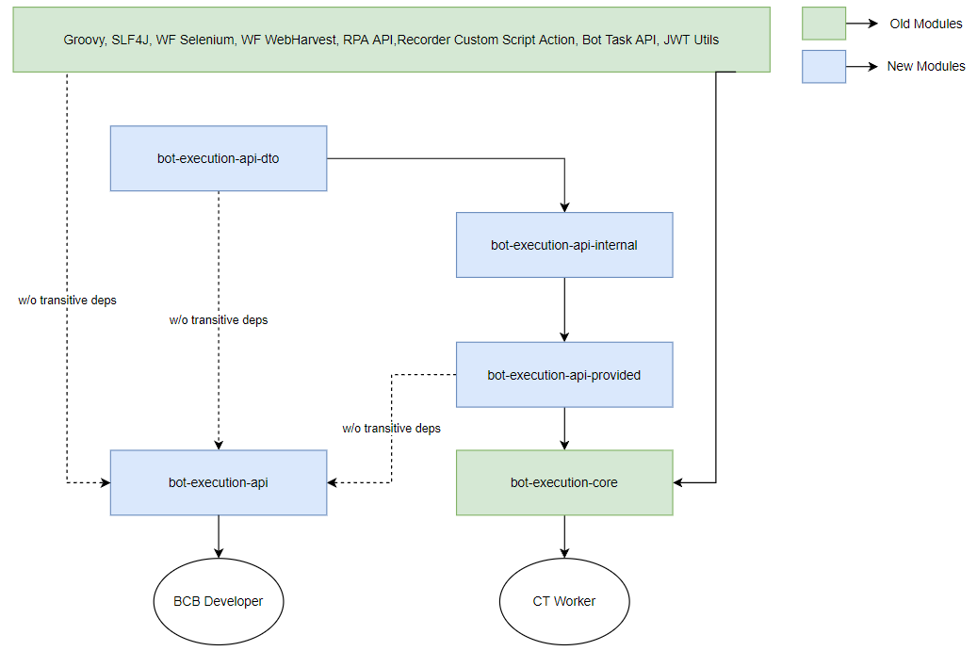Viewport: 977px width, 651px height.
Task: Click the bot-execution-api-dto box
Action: click(219, 158)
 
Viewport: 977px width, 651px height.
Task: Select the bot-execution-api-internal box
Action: click(564, 245)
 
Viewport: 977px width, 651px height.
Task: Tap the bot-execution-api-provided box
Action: click(564, 375)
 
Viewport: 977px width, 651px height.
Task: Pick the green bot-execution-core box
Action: click(564, 482)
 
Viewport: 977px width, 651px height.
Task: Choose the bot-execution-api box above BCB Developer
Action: click(219, 482)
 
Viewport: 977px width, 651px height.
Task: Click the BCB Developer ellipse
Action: click(219, 601)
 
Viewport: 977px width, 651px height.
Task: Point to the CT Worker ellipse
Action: click(564, 601)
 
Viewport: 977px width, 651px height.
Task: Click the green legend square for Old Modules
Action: click(823, 24)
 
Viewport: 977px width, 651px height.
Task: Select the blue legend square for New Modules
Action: click(823, 67)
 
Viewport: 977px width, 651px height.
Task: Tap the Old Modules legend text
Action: click(926, 24)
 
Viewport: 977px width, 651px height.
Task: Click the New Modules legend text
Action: click(926, 66)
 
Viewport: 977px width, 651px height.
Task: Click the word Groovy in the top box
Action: click(85, 40)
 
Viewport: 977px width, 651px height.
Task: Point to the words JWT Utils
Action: click(691, 40)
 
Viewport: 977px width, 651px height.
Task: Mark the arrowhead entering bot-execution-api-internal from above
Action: click(564, 207)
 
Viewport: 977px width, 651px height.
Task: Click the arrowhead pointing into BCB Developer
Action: click(219, 553)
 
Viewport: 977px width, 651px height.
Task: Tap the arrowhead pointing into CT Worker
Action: click(564, 553)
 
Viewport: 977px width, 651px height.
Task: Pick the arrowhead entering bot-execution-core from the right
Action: click(678, 482)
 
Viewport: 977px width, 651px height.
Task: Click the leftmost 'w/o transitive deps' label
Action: click(67, 301)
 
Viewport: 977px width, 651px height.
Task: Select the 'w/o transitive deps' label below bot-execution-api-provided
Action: click(391, 428)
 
